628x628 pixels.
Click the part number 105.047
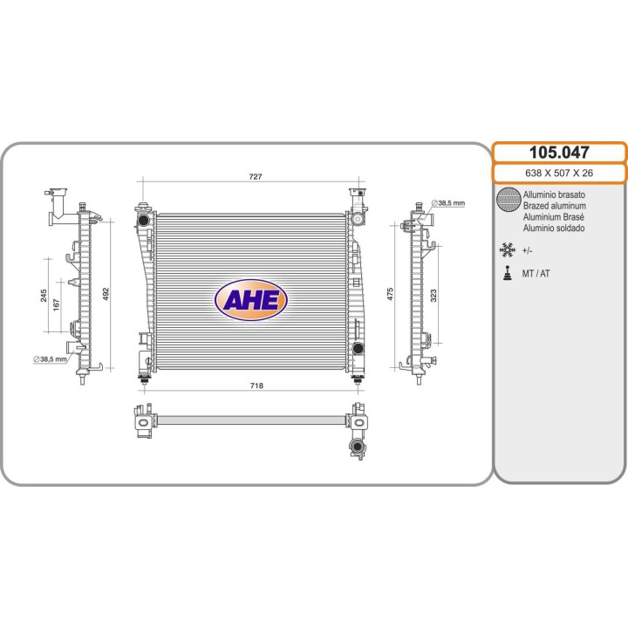[559, 153]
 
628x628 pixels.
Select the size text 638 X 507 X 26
[559, 173]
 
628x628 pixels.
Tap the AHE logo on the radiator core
[251, 299]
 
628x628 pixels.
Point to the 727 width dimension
[256, 176]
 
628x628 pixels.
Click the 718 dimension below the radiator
[256, 386]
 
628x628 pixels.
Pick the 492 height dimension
[106, 295]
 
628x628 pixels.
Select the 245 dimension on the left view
[44, 296]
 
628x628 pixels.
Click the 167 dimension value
[56, 304]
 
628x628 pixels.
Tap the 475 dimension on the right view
[391, 295]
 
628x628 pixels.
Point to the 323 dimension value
[433, 296]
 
